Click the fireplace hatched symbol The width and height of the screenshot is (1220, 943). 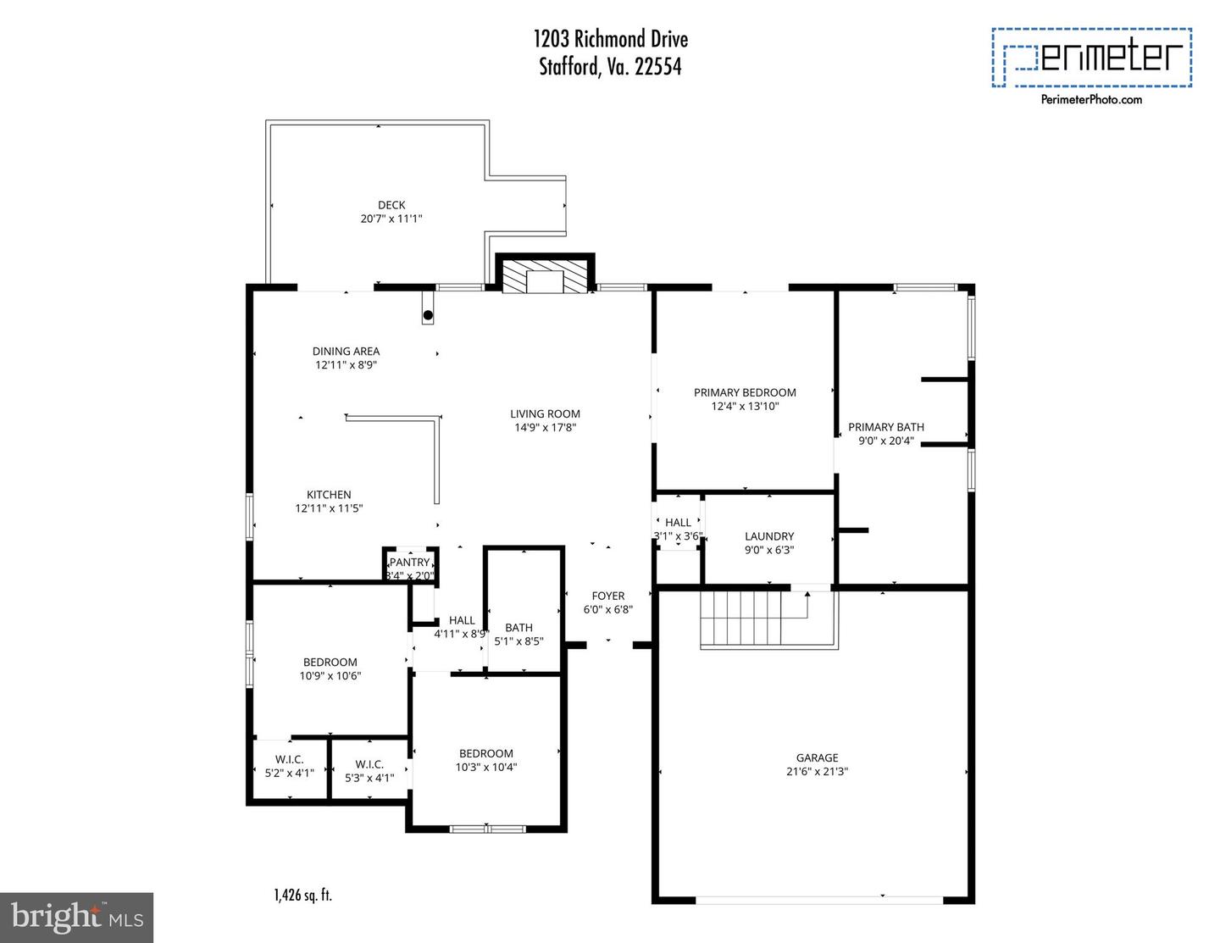tap(545, 275)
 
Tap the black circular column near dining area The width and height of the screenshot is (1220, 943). tap(428, 315)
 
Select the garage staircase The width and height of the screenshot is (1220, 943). tap(741, 618)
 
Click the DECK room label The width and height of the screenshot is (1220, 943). tap(391, 205)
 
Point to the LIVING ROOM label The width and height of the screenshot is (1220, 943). tap(545, 414)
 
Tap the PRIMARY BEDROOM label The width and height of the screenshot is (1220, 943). tap(745, 392)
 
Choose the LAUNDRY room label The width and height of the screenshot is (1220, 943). tap(769, 536)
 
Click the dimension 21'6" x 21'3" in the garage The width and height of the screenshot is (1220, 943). tap(817, 772)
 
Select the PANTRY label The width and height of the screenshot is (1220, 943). tap(410, 563)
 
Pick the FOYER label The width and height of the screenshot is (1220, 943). tap(608, 596)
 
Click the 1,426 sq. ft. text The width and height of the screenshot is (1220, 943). tap(302, 895)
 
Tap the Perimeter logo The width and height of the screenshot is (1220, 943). tap(1091, 57)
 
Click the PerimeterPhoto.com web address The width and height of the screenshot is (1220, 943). tap(1091, 99)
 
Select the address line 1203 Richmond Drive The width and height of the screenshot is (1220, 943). tap(610, 39)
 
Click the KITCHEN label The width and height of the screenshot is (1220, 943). tap(329, 495)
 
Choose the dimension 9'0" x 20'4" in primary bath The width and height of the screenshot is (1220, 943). tap(886, 441)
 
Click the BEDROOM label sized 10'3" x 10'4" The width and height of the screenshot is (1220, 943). tap(486, 753)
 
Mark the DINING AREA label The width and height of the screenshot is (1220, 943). tap(346, 351)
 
